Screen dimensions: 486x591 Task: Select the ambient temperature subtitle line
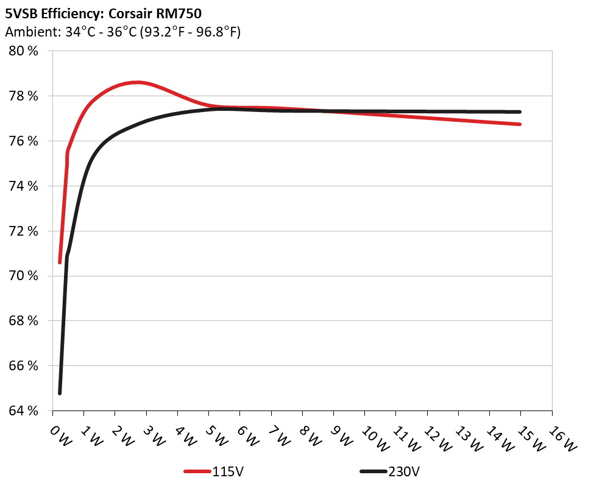[122, 32]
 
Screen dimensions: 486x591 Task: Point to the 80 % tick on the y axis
[24, 51]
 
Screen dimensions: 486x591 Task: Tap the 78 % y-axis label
[24, 96]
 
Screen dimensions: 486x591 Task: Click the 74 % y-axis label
[24, 186]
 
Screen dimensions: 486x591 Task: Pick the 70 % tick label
[24, 276]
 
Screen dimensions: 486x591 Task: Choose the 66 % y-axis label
[24, 366]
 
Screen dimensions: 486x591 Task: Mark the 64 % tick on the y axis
[24, 411]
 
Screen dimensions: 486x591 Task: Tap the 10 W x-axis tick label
[372, 437]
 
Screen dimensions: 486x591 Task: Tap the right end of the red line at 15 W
[520, 124]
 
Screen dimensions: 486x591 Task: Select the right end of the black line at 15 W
[520, 112]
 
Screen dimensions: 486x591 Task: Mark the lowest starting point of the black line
[60, 393]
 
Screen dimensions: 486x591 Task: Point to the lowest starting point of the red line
[60, 262]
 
